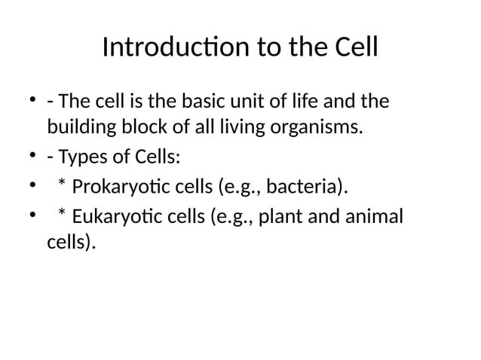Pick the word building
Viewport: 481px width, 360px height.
tap(79, 129)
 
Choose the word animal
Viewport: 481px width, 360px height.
tap(374, 217)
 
